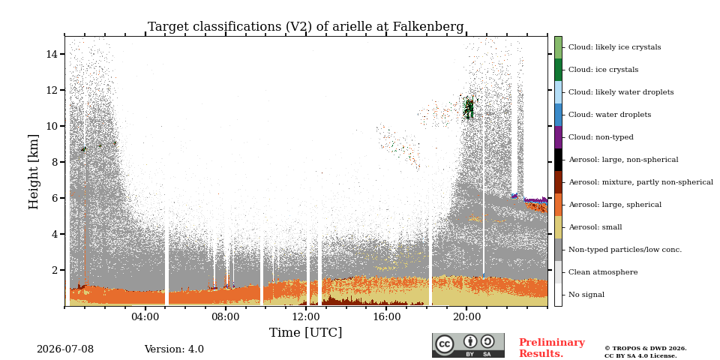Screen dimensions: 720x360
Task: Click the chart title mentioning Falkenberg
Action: pyautogui.click(x=305, y=27)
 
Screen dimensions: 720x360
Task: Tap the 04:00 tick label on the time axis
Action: pyautogui.click(x=145, y=316)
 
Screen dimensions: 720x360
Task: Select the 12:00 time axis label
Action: pyautogui.click(x=306, y=316)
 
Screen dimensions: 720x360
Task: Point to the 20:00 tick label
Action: pyautogui.click(x=466, y=316)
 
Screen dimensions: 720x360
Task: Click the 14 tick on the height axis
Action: pyautogui.click(x=51, y=54)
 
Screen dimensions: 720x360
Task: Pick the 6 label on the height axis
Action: pyautogui.click(x=54, y=198)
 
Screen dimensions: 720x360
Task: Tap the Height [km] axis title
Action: pyautogui.click(x=34, y=172)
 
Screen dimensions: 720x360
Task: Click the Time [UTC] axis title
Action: pyautogui.click(x=305, y=332)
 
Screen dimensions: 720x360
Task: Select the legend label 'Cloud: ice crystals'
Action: pyautogui.click(x=603, y=70)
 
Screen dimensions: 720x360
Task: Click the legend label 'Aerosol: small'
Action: pyautogui.click(x=595, y=227)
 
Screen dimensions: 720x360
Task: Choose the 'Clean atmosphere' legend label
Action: pyautogui.click(x=603, y=272)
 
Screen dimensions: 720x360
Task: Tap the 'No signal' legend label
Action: pyautogui.click(x=586, y=295)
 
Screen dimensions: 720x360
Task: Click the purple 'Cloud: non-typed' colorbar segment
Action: pyautogui.click(x=558, y=137)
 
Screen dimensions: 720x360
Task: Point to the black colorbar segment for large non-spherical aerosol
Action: pyautogui.click(x=558, y=160)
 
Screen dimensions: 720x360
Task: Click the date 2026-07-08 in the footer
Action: pyautogui.click(x=65, y=349)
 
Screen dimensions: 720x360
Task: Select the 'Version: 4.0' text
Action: pyautogui.click(x=174, y=349)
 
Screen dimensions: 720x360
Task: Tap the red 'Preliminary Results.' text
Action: pyautogui.click(x=552, y=348)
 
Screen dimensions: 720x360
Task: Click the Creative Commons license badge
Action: pyautogui.click(x=468, y=345)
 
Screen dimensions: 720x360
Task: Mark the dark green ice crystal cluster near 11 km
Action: pyautogui.click(x=468, y=108)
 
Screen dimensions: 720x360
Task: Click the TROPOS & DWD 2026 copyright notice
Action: pyautogui.click(x=646, y=352)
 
